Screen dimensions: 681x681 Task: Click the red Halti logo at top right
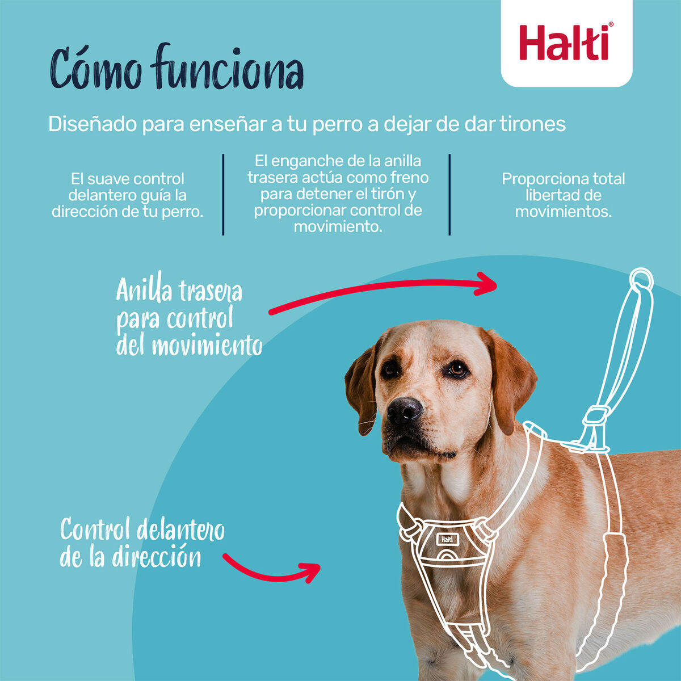[566, 43]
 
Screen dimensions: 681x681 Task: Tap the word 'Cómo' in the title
[96, 69]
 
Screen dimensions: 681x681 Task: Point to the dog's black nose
[404, 409]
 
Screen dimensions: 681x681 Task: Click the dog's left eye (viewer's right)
[456, 369]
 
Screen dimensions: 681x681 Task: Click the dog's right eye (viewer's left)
[390, 369]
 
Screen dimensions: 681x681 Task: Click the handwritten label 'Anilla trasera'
[179, 291]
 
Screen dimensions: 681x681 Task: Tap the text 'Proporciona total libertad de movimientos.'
[563, 195]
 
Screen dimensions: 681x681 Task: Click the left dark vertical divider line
[223, 194]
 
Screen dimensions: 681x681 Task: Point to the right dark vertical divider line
[449, 194]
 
